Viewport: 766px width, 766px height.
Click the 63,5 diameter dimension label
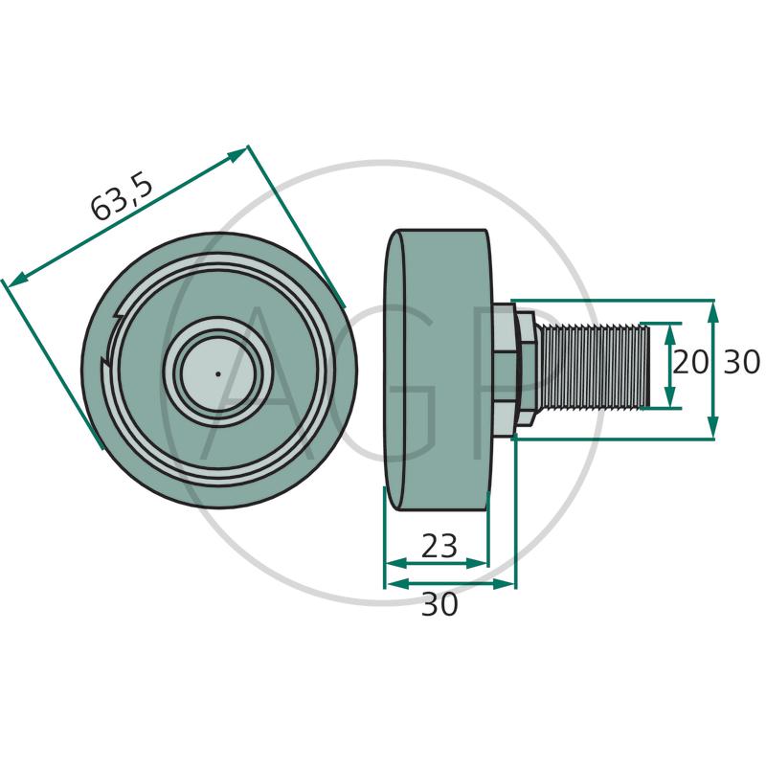click(123, 197)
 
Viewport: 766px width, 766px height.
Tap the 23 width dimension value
click(439, 546)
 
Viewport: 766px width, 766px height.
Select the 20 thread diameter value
click(689, 363)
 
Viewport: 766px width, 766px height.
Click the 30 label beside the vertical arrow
click(741, 362)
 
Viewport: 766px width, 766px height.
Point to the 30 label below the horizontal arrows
click(439, 604)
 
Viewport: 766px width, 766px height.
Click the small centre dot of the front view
click(218, 374)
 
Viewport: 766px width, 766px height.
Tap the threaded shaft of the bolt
click(593, 366)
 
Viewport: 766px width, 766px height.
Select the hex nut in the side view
click(525, 370)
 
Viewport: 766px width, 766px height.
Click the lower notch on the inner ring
click(105, 362)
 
